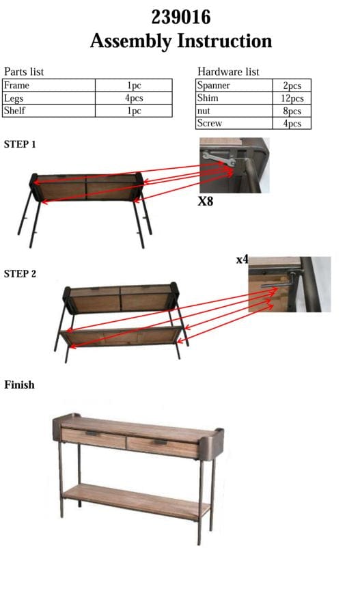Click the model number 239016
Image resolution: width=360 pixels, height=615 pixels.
click(x=180, y=16)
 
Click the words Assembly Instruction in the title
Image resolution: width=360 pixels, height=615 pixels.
click(x=180, y=41)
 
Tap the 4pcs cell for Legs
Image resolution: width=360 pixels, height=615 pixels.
click(x=134, y=98)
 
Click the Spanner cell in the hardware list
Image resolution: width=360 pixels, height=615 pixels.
click(x=213, y=86)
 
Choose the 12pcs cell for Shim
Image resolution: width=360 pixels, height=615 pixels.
click(x=292, y=98)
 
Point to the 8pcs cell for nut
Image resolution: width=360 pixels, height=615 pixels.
click(x=292, y=111)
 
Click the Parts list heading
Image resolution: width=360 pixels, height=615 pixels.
click(x=24, y=72)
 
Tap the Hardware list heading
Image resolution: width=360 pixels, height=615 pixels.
click(x=228, y=72)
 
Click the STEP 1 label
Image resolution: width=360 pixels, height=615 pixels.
click(x=20, y=145)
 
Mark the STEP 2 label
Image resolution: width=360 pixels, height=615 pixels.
click(x=20, y=274)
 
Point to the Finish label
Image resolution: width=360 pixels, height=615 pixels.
click(x=19, y=385)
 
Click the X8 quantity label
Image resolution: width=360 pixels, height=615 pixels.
click(x=206, y=202)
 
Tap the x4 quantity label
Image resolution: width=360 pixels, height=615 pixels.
click(x=242, y=260)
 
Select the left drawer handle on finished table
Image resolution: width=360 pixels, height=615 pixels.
click(x=92, y=435)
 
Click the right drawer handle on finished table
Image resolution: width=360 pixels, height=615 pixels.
click(x=161, y=444)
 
